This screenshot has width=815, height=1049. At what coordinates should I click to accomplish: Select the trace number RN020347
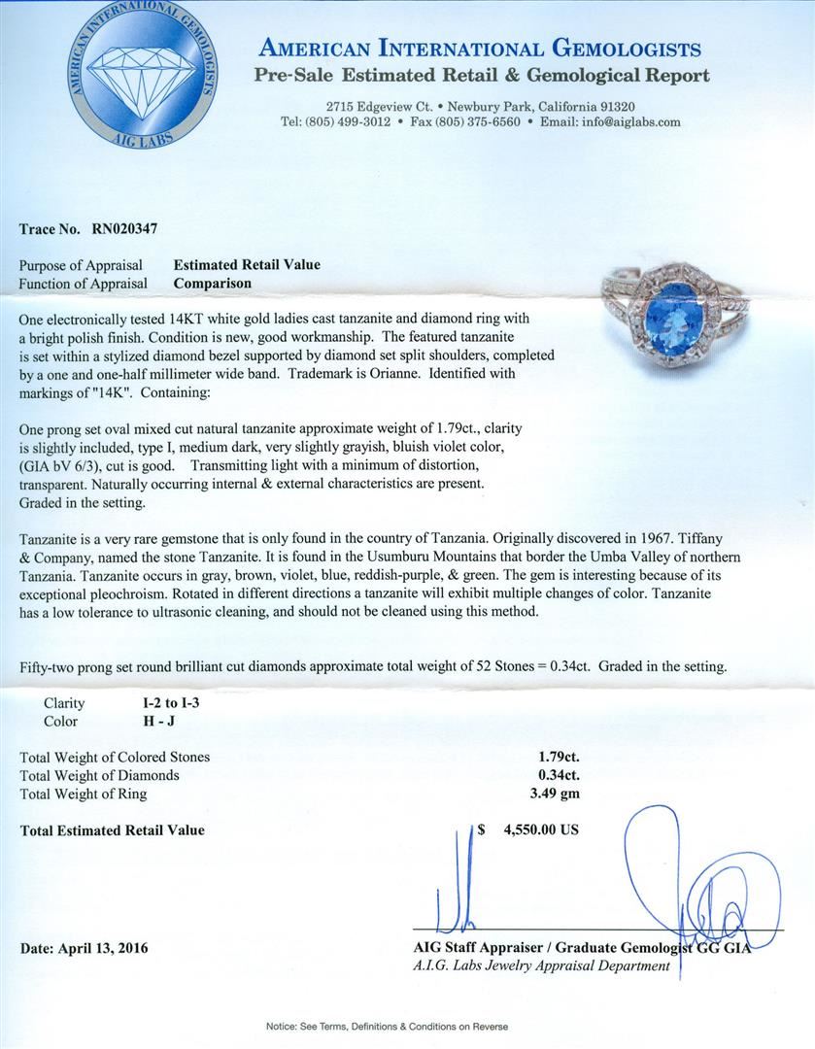click(119, 229)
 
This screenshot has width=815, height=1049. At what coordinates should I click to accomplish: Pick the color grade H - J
click(161, 722)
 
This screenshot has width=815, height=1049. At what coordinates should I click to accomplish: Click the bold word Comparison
click(212, 284)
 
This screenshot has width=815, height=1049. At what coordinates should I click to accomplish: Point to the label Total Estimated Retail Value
click(113, 830)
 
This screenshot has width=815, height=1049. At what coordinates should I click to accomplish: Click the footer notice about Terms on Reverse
click(407, 1026)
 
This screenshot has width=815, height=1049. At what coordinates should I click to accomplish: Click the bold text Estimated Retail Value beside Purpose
click(247, 264)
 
